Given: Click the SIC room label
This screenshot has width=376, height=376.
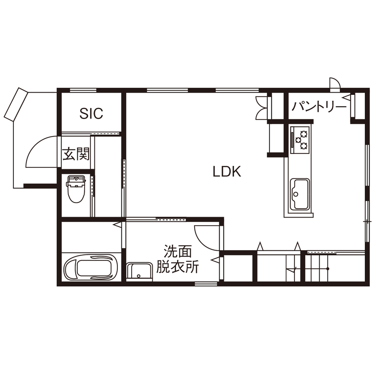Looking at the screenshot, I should click(x=91, y=113).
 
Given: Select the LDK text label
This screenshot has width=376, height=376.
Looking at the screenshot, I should click(x=227, y=171).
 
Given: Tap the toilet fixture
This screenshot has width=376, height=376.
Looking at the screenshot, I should click(x=77, y=190).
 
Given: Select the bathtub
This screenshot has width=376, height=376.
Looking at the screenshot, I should click(x=91, y=268).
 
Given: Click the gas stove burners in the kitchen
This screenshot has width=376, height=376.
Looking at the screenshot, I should click(x=300, y=138).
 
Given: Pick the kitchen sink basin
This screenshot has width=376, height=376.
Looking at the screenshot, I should click(x=299, y=192).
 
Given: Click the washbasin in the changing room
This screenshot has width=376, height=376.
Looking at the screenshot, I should click(x=139, y=271).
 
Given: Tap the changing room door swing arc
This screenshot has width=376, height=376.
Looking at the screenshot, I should click(x=206, y=237).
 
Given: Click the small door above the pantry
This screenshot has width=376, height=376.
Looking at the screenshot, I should click(x=334, y=83).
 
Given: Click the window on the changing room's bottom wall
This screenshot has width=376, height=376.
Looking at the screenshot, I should click(x=203, y=284).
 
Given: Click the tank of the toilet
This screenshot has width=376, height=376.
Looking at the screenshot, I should click(x=77, y=180).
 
